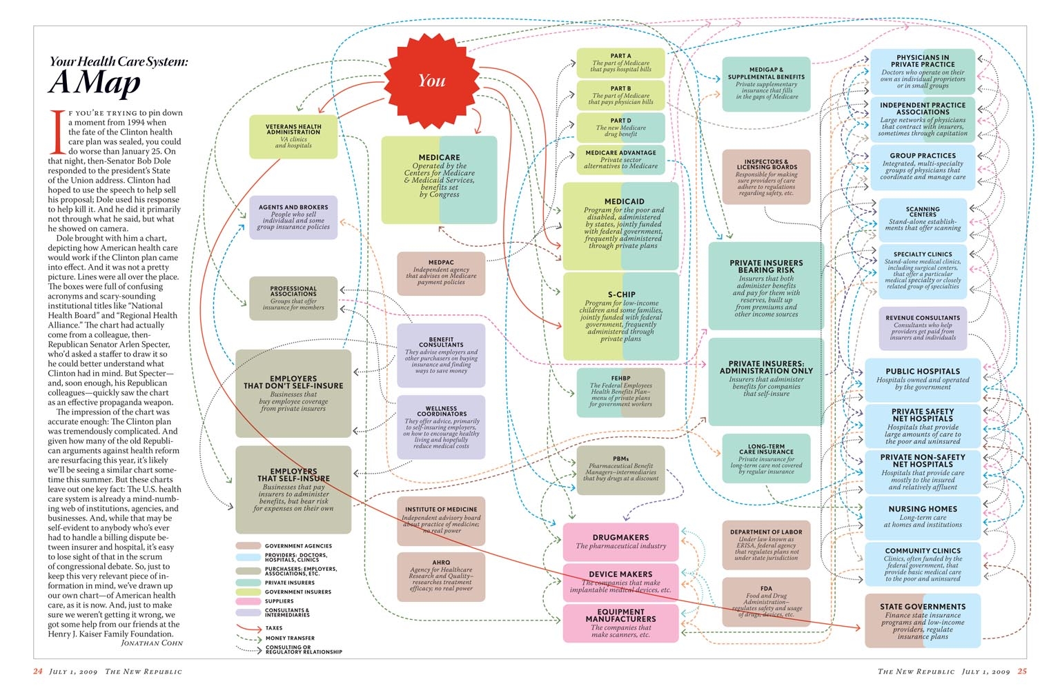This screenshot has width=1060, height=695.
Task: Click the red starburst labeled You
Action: pos(431,81)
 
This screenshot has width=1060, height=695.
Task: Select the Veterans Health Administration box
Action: pos(293,137)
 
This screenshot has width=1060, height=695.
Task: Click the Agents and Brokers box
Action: pos(293,217)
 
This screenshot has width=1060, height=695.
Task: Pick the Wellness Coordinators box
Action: pos(441,427)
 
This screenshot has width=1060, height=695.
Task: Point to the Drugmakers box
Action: pos(620,541)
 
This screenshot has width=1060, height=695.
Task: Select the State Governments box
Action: pos(923,621)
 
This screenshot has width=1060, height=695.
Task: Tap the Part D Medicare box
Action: pos(620,128)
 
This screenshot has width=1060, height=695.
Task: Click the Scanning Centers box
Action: pos(923,219)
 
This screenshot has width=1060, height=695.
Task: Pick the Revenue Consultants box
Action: pos(923,328)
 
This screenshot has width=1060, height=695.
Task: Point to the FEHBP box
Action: pos(620,392)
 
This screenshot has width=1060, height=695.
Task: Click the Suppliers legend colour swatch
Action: pos(248,601)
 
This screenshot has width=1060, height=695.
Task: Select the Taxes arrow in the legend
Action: pos(248,628)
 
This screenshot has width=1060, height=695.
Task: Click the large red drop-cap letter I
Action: pos(57,131)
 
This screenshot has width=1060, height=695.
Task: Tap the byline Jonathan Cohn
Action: pos(152,643)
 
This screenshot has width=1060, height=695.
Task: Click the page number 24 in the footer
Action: pos(38,672)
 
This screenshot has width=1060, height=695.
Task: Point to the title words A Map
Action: pos(95,83)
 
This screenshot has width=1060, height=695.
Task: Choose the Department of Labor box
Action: pos(766,545)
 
